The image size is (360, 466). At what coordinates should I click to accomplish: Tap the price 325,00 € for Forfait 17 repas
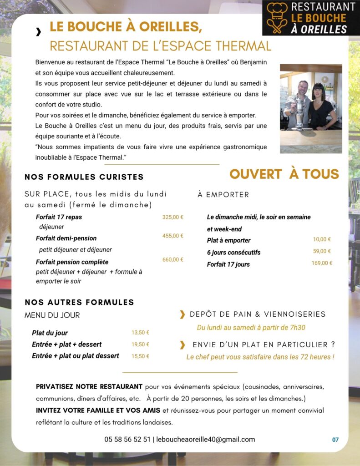(173, 217)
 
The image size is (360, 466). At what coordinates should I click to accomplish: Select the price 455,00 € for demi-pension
(173, 236)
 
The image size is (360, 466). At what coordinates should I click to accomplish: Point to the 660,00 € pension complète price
(173, 259)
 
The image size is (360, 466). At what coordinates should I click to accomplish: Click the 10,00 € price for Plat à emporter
(322, 239)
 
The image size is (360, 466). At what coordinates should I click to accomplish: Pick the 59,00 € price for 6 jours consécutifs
(322, 251)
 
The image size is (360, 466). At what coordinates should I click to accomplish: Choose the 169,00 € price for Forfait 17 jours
(322, 263)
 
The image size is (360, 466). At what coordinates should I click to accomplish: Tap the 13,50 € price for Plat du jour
(140, 333)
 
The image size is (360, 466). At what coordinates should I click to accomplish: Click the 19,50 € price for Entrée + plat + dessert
(140, 344)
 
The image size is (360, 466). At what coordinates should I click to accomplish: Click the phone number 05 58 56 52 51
(127, 440)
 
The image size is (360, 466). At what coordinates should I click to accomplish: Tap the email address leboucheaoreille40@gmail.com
(206, 440)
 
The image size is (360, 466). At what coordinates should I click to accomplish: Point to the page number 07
(335, 440)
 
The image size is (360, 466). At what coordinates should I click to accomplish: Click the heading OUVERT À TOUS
(284, 174)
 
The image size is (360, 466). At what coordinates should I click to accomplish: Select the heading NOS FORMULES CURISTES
(84, 177)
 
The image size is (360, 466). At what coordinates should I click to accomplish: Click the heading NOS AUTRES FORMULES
(80, 302)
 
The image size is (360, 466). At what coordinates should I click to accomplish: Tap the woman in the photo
(324, 107)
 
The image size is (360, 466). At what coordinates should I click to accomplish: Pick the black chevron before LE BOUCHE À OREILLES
(38, 31)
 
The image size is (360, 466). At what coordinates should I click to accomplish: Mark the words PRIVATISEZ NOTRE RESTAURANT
(89, 387)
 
